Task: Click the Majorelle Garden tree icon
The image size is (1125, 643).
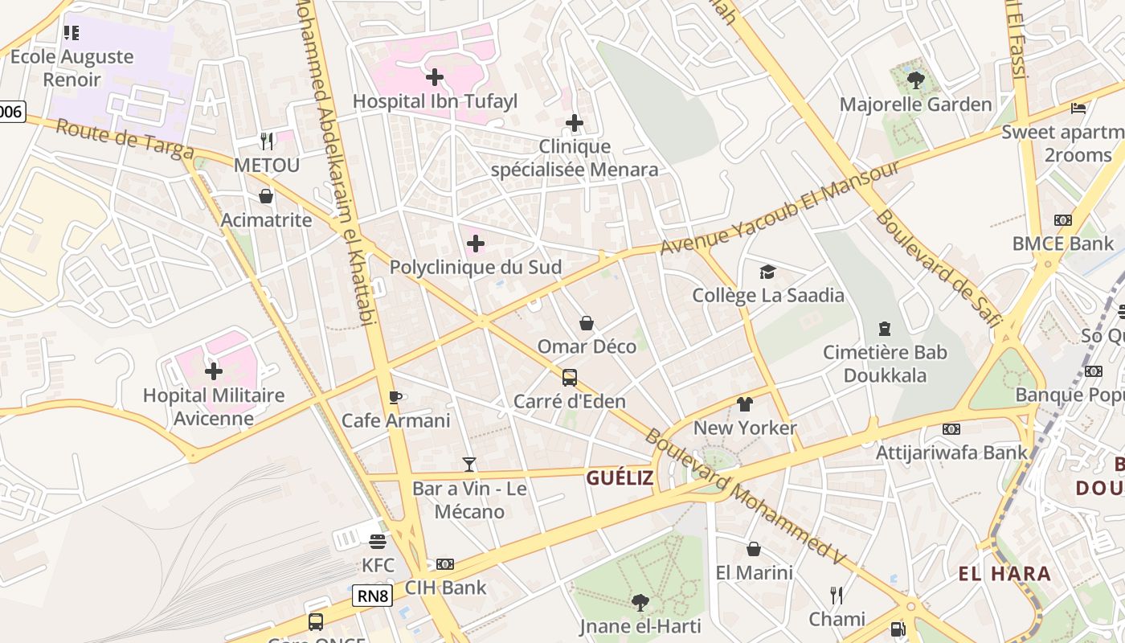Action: (x=915, y=80)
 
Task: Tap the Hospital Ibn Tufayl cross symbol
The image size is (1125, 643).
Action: (x=435, y=77)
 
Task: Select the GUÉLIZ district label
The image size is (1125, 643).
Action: (x=620, y=478)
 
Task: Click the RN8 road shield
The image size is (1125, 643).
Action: (x=372, y=596)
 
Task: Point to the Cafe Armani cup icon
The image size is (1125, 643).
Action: (x=395, y=397)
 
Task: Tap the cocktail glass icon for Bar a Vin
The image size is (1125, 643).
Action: (x=469, y=465)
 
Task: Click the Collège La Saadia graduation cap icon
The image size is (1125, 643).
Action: (x=768, y=272)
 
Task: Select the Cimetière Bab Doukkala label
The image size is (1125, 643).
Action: (x=885, y=363)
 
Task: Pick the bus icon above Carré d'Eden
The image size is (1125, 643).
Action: (x=569, y=377)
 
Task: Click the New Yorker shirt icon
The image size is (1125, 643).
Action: (x=745, y=404)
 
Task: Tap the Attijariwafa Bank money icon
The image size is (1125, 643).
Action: (x=951, y=429)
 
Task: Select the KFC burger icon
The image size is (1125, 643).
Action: (x=378, y=542)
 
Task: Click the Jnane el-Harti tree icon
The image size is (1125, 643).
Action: (x=640, y=602)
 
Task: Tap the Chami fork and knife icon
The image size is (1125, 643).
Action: (x=837, y=596)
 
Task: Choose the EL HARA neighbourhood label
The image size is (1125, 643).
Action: (x=1004, y=574)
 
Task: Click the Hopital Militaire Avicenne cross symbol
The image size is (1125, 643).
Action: (x=214, y=371)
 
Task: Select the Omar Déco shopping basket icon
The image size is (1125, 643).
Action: (x=587, y=323)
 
